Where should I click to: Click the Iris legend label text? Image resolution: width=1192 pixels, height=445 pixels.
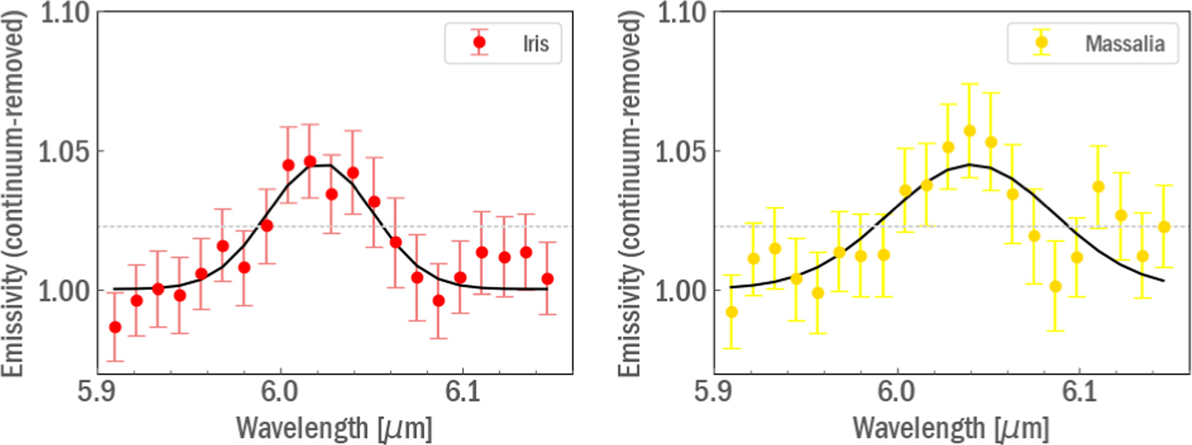(536, 43)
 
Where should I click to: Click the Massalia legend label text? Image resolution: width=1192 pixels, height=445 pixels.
(1124, 43)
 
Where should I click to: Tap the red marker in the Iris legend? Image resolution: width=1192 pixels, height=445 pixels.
(479, 43)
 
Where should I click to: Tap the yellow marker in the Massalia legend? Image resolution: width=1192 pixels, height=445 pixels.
(1042, 43)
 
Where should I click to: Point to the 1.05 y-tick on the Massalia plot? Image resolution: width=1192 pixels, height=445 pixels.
(681, 152)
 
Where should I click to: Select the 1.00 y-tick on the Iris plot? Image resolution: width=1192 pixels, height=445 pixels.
(64, 291)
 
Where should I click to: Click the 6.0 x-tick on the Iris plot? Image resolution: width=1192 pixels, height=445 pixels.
(280, 392)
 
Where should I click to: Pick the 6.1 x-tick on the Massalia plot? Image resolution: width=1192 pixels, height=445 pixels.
(1080, 392)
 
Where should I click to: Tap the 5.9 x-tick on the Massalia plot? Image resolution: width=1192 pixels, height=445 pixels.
(713, 392)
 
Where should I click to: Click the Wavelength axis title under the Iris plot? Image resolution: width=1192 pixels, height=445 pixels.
(334, 428)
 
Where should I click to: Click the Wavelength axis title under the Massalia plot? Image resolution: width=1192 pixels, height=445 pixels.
(950, 428)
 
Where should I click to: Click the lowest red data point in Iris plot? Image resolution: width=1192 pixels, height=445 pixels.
(115, 327)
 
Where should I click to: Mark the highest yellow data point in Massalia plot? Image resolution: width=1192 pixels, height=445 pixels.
(969, 131)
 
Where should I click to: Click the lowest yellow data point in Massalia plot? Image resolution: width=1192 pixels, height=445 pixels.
(731, 312)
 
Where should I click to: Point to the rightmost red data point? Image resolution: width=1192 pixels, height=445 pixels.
(547, 279)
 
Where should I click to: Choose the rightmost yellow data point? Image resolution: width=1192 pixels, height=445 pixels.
(1164, 227)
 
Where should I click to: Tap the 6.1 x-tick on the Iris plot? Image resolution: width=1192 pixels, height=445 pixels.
(463, 392)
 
